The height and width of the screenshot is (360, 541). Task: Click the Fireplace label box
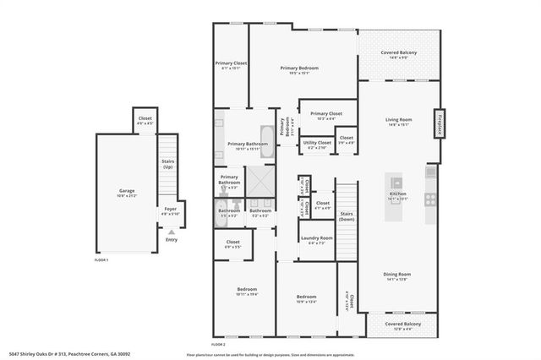(440, 123)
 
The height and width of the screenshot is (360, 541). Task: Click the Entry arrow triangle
(172, 231)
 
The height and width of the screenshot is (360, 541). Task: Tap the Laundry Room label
(315, 240)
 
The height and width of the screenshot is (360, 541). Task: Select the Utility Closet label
(316, 145)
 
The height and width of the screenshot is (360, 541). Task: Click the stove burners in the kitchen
(430, 200)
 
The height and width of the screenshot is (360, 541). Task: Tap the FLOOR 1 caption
(101, 260)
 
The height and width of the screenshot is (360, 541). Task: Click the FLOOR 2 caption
(218, 344)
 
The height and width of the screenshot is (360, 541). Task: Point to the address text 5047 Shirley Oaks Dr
(42, 355)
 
